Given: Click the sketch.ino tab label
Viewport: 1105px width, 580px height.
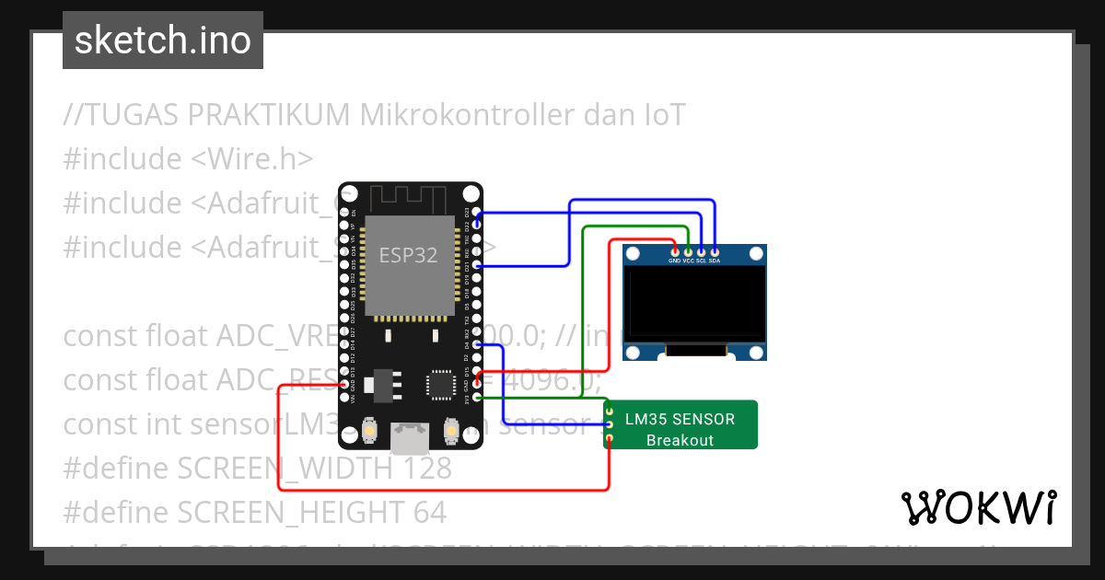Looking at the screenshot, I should coord(163,41).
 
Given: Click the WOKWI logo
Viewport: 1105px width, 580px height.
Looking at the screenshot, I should coord(978,507).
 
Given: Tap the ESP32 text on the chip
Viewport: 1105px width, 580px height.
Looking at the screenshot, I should coord(408,254).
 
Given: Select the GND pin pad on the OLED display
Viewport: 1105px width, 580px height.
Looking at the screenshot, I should coord(675,251).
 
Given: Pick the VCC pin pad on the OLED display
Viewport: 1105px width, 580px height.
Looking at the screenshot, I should coord(688,251).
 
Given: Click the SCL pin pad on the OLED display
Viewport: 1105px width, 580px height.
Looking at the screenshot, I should coord(702,251).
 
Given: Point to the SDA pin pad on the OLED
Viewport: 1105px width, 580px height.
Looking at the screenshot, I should coord(715,251).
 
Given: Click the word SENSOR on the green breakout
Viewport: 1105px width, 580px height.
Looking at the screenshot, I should coord(706,419).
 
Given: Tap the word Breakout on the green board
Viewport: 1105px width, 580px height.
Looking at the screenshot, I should coord(680,440).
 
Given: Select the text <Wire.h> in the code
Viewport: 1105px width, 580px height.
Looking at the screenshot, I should coord(251,159).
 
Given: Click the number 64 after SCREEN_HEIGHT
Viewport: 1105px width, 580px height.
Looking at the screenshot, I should coord(429,513).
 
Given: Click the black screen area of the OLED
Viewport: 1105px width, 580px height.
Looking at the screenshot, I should coord(694,304).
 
